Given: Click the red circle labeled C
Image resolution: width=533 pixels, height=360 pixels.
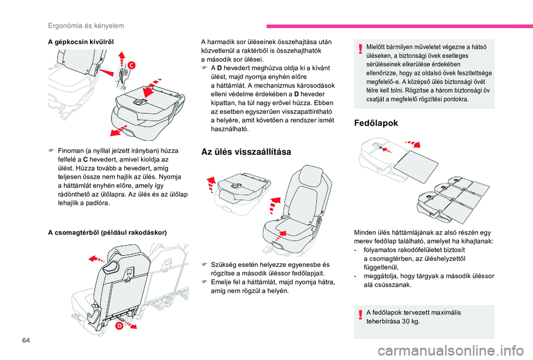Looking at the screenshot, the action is (131, 65).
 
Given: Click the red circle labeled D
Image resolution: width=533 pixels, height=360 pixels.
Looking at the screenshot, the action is (119, 326).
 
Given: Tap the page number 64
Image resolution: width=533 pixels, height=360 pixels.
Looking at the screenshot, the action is (26, 340).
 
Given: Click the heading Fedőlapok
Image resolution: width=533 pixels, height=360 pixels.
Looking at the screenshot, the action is (376, 123).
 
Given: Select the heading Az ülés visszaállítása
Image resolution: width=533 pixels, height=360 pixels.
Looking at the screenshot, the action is (246, 151).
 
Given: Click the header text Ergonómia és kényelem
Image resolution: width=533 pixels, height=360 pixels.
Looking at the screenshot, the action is (86, 26).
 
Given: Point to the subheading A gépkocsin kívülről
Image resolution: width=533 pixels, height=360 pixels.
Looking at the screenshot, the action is (81, 42).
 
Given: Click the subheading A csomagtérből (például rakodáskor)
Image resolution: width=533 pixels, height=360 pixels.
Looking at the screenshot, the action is (107, 232).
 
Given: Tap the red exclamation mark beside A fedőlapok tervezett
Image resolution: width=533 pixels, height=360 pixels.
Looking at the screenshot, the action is (360, 315).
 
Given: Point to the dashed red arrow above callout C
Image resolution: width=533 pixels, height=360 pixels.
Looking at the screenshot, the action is (122, 59).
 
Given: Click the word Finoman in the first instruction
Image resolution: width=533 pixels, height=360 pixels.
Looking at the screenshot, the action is (71, 151).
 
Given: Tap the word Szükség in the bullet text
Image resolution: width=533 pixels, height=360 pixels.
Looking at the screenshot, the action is (223, 265).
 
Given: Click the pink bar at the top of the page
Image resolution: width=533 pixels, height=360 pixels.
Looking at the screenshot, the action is (400, 26).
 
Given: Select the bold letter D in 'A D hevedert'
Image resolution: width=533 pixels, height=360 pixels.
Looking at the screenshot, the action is (220, 68).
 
